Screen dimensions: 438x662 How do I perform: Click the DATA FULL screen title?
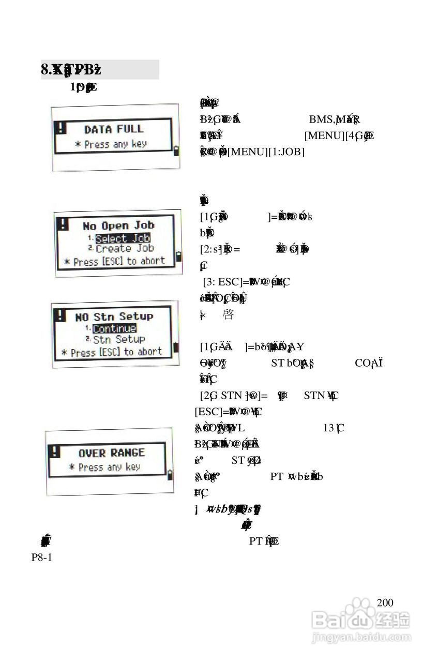(114, 129)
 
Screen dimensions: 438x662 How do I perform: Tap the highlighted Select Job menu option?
(123, 238)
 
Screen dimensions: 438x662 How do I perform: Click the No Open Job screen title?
(118, 226)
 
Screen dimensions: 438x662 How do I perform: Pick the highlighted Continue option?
(114, 328)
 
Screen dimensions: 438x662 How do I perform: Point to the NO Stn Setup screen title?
(114, 317)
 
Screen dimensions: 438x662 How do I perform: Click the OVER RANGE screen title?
(112, 453)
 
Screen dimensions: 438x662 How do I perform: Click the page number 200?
(385, 603)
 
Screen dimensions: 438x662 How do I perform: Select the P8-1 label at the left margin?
(42, 558)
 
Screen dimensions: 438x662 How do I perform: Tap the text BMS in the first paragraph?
(321, 120)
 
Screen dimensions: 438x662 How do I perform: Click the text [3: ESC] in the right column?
(222, 282)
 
